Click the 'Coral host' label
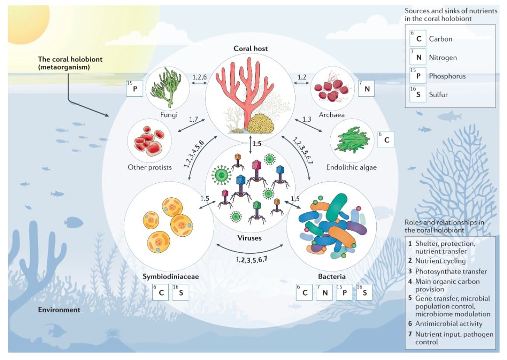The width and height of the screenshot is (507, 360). pos(250,49)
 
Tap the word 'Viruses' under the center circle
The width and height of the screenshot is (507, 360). pos(249,238)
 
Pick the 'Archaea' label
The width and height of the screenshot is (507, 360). pos(331,115)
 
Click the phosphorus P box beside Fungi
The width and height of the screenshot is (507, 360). pos(135,88)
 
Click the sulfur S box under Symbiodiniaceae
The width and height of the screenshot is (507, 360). pos(181,292)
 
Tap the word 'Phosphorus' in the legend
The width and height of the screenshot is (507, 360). pos(447,76)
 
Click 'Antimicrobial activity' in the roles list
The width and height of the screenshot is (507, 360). pos(449,324)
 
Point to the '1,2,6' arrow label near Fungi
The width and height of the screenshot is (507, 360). pos(200,77)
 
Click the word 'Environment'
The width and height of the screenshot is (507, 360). pos(59,310)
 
